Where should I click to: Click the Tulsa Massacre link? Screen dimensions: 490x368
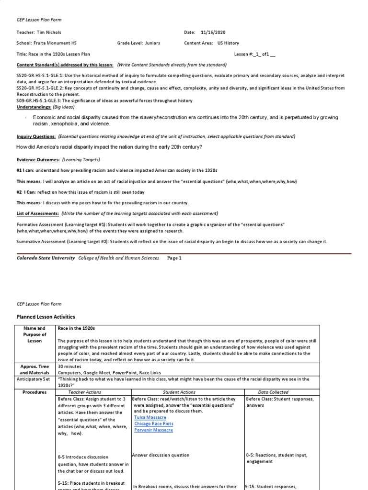coord(147,417)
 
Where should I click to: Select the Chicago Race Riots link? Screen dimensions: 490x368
coord(154,423)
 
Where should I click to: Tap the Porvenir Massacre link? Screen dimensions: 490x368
coord(153,430)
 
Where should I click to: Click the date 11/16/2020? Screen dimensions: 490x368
coord(214,32)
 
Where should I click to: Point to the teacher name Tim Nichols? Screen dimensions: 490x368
coord(46,32)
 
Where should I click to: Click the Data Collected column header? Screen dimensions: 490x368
coord(273,392)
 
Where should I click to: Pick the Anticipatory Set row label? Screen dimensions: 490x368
coord(34,379)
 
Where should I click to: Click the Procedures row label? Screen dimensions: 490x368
coord(34,392)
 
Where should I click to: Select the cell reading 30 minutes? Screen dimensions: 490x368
coord(69,366)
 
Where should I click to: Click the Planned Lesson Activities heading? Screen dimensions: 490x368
coord(46,317)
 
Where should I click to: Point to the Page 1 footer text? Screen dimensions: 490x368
coord(174,258)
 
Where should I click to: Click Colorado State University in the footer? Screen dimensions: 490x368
coord(46,258)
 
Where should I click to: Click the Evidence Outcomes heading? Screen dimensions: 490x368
coord(38,159)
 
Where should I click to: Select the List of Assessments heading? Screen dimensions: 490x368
coord(38,213)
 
